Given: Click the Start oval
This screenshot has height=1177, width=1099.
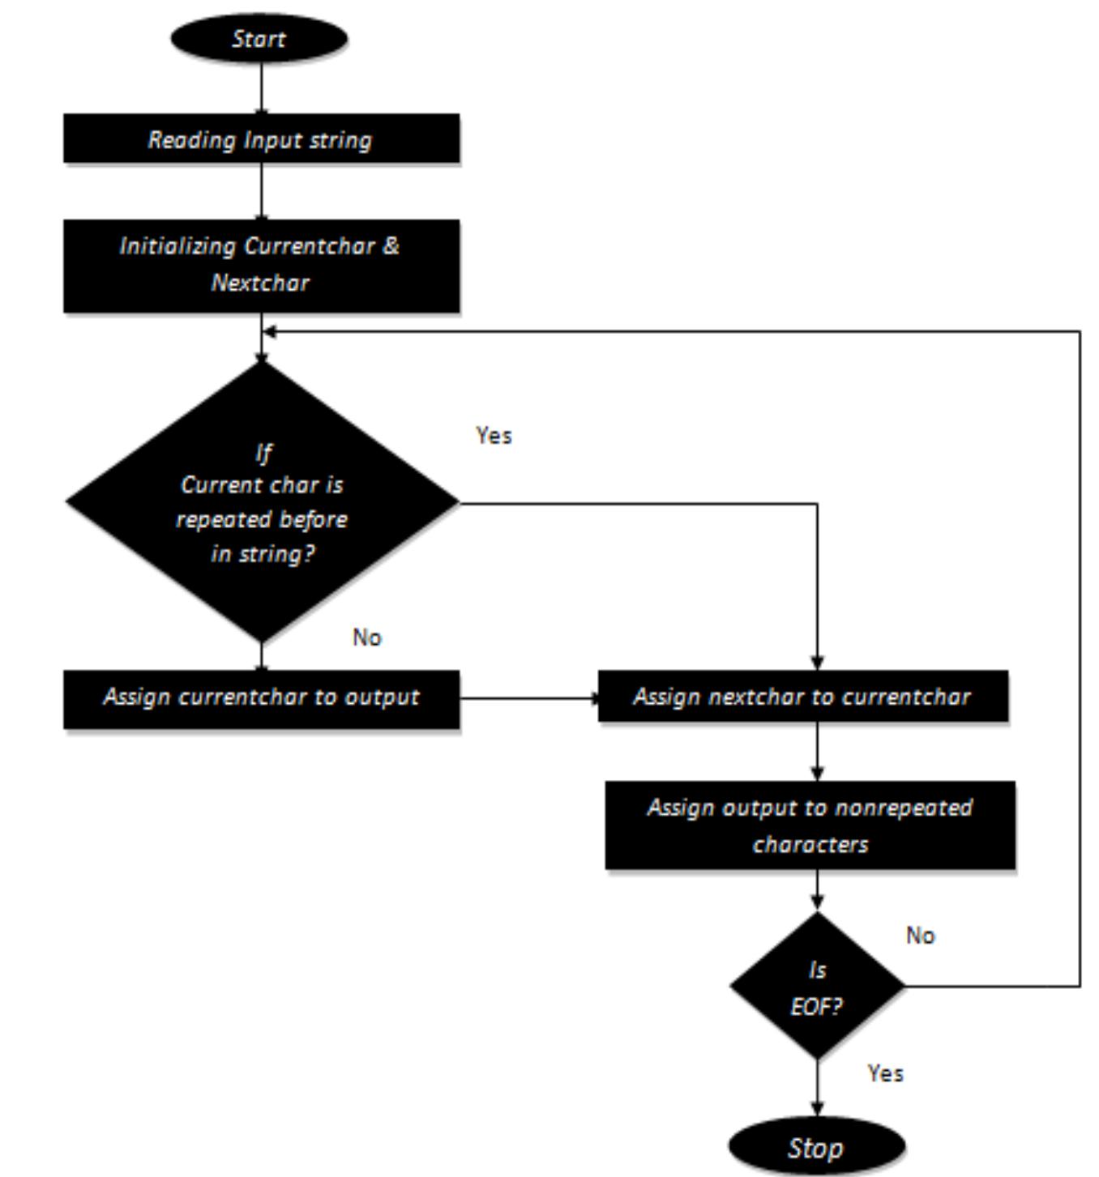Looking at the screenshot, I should click(259, 38).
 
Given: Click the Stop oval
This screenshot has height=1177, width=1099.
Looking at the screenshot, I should click(816, 1147).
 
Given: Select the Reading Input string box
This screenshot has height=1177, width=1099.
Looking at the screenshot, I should click(261, 139).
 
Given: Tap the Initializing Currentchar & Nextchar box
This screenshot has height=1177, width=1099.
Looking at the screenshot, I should click(261, 265).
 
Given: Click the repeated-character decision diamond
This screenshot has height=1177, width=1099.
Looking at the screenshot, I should click(261, 502).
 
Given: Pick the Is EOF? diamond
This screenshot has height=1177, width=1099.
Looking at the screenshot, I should click(816, 987).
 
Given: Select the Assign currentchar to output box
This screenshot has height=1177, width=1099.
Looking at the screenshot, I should click(261, 697).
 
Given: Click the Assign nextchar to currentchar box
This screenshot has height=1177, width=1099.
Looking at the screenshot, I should click(802, 697).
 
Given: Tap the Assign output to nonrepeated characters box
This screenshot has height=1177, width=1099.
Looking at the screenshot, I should click(810, 825).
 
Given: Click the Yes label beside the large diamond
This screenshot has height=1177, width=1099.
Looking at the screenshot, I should click(494, 436).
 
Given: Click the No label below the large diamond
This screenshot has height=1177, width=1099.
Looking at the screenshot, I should click(367, 638).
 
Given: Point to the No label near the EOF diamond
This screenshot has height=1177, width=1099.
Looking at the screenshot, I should click(921, 936).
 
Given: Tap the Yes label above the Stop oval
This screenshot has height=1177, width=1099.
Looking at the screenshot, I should click(885, 1073).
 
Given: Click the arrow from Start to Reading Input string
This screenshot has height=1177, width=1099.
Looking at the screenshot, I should click(261, 87).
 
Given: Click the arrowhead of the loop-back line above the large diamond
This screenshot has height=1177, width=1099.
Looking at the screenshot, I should click(270, 331).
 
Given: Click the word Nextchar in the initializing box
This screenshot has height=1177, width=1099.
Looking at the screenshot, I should click(260, 283).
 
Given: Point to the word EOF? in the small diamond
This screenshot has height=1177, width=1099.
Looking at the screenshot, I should click(816, 1007).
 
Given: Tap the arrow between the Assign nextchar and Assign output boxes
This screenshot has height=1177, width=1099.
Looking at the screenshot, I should click(817, 751).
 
